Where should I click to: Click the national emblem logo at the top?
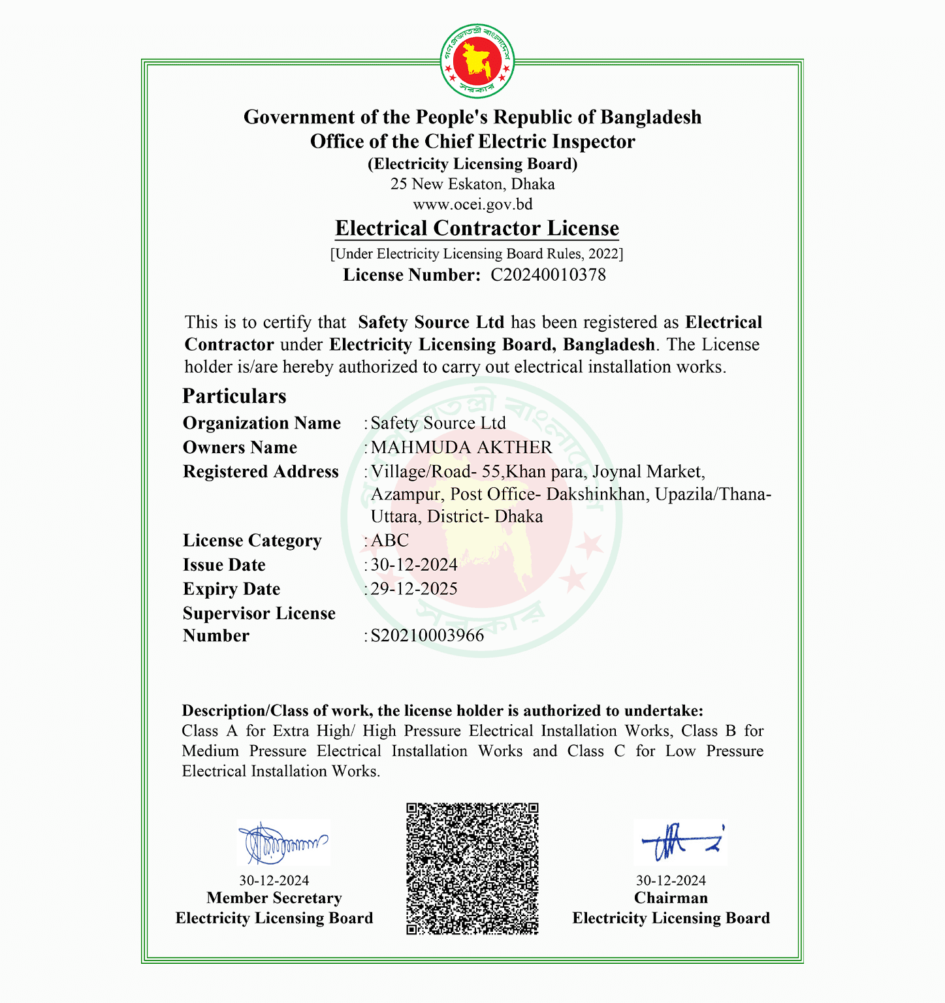click(477, 60)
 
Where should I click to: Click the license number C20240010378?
click(548, 275)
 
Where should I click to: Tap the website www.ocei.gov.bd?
click(473, 204)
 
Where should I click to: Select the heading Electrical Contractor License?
click(477, 229)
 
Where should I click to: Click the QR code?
click(472, 868)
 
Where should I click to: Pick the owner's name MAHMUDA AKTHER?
click(461, 447)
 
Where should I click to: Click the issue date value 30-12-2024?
click(414, 565)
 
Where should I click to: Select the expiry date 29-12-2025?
click(414, 589)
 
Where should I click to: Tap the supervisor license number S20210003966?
click(427, 635)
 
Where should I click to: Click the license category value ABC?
click(390, 541)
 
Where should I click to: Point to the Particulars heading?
click(234, 396)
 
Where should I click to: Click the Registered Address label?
click(261, 471)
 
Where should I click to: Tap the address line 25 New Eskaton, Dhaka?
click(473, 184)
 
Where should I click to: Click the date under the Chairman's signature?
click(671, 880)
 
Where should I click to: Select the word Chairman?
click(671, 898)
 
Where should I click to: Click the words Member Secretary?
click(274, 899)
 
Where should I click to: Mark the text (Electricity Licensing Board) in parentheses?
click(473, 164)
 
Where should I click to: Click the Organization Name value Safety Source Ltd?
click(438, 423)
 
